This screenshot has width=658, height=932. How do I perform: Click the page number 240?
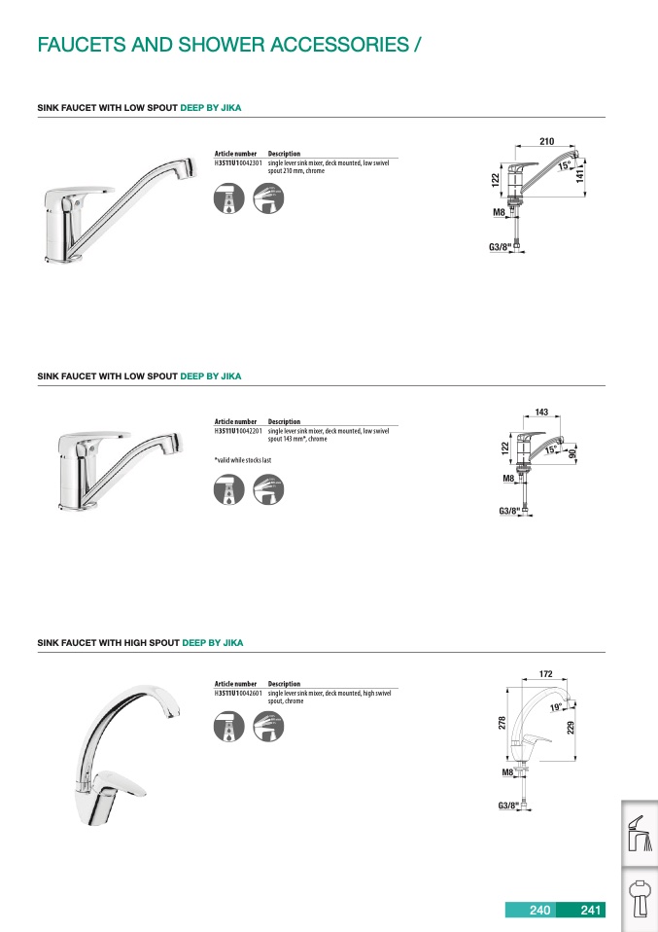(539, 911)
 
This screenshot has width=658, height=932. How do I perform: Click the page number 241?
(591, 911)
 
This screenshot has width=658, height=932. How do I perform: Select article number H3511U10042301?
(238, 162)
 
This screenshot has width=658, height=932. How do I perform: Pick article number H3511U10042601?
(238, 693)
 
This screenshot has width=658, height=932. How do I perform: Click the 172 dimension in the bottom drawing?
(545, 673)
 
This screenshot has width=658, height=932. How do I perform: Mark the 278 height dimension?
(502, 724)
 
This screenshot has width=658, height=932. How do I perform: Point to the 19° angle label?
(555, 707)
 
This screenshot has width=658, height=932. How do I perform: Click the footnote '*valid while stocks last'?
(243, 459)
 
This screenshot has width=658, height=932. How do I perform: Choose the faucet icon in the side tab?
(639, 834)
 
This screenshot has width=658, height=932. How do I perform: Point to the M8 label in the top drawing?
(500, 211)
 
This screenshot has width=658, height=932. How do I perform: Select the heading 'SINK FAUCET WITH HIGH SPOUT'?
(108, 643)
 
